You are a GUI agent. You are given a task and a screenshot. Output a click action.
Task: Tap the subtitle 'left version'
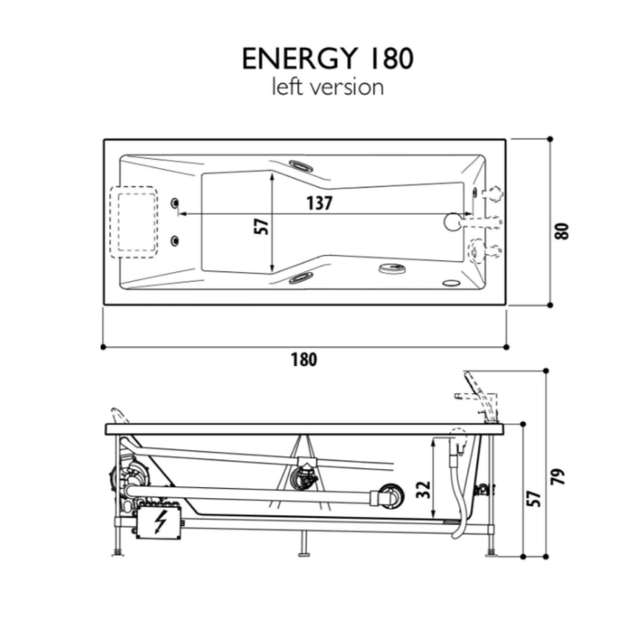click(x=328, y=87)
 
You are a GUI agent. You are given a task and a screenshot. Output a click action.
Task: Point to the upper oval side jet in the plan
click(x=301, y=165)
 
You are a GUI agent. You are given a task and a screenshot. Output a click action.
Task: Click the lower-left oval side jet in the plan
click(x=302, y=277)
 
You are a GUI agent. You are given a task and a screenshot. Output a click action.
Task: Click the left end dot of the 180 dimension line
click(x=103, y=347)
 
